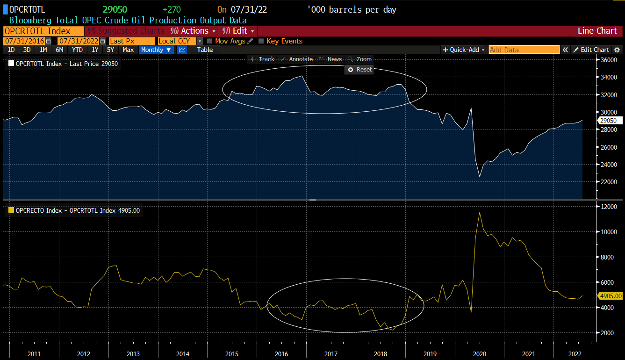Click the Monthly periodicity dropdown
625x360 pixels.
point(156,50)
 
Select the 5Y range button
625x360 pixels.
point(110,50)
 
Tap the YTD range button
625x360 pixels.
point(77,50)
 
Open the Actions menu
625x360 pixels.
point(194,31)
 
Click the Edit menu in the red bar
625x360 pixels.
point(239,31)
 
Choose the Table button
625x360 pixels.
point(205,50)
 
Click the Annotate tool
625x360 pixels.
point(297,59)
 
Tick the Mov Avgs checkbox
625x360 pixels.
point(210,41)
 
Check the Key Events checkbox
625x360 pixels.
point(261,41)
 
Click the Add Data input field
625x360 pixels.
point(524,50)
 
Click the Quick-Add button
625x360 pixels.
point(464,50)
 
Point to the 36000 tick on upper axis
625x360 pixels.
point(610,60)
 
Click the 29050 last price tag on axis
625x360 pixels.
point(610,121)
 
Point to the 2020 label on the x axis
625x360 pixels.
point(479,354)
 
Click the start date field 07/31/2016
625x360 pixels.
point(24,41)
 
